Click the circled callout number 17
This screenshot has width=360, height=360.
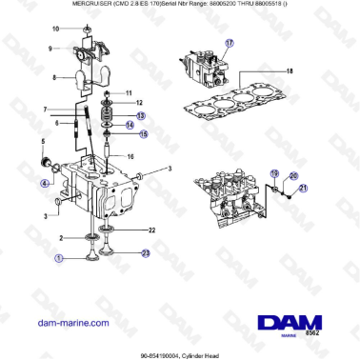click(229, 44)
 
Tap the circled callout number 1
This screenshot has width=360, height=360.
click(59, 257)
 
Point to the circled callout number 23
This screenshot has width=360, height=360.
click(147, 253)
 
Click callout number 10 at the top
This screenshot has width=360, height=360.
click(56, 29)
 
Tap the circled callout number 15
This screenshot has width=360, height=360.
click(144, 134)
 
